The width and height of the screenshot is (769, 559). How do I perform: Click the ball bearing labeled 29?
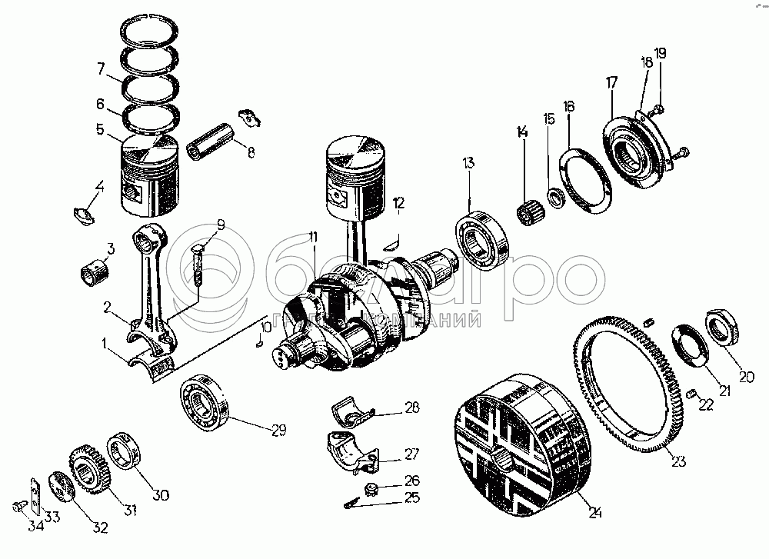click(x=204, y=399)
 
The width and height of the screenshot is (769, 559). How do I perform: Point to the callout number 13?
click(x=468, y=163)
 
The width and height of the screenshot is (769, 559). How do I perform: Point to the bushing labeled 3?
click(x=96, y=269)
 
